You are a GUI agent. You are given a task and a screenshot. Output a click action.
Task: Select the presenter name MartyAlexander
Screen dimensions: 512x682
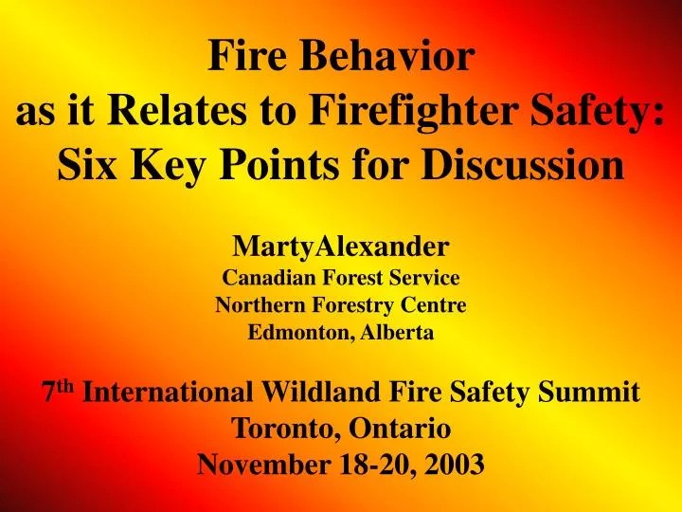click(341, 248)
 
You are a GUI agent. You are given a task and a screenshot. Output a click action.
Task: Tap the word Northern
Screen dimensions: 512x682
click(257, 306)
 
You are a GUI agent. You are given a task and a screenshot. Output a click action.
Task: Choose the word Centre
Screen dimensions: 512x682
click(432, 306)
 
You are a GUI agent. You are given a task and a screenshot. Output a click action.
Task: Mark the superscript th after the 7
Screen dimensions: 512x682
click(65, 385)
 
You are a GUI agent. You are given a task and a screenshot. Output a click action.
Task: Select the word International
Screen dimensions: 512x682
click(167, 393)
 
